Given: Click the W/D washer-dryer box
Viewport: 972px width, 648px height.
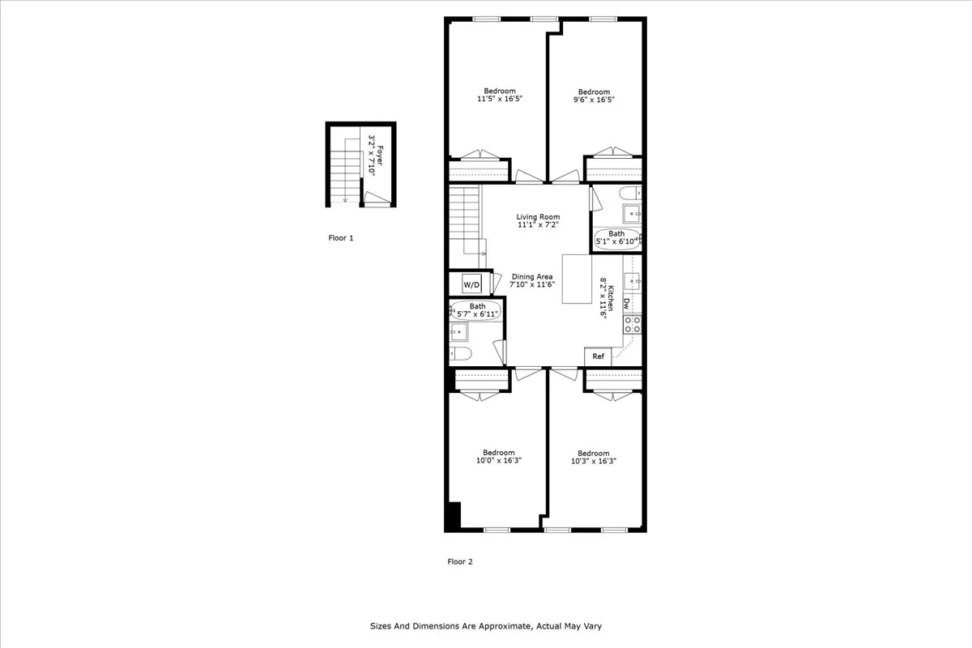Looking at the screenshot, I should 471,284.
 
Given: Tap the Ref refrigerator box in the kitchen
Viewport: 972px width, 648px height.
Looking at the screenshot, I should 598,356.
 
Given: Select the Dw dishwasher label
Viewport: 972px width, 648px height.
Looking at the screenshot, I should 627,303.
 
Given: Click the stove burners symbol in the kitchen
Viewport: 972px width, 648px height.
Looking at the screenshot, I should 633,325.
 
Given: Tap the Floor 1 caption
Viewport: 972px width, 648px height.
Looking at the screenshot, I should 340,238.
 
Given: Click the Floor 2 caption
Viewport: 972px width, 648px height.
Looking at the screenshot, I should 459,561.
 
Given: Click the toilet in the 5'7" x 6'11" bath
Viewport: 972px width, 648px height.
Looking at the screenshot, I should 461,353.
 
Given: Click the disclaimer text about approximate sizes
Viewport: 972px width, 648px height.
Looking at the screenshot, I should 486,626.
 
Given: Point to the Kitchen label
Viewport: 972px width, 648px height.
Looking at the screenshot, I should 612,300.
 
